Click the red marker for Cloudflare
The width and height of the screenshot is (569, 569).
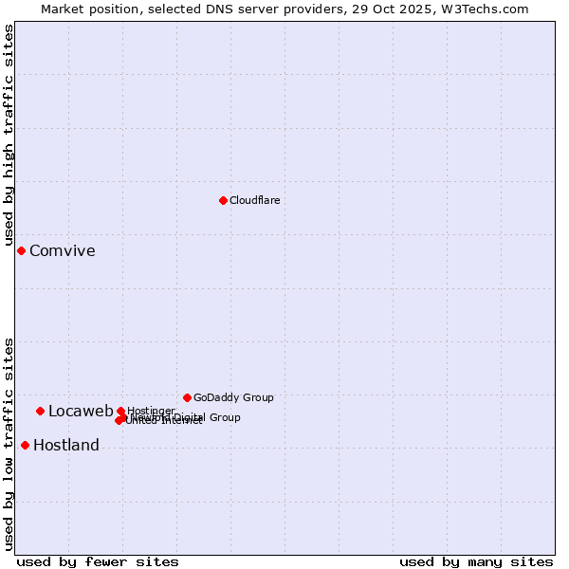tap(223, 200)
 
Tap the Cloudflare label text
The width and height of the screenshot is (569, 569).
tap(255, 200)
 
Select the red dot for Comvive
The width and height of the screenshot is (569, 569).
tap(21, 250)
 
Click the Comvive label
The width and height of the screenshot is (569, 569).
tap(63, 251)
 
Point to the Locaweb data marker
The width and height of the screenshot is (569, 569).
tap(40, 411)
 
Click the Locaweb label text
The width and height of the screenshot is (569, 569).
tap(81, 412)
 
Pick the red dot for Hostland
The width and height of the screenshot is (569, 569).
tap(25, 445)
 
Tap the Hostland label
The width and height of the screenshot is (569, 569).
tap(66, 446)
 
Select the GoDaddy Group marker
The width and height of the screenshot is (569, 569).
tap(187, 397)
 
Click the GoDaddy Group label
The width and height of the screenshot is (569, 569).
tap(233, 397)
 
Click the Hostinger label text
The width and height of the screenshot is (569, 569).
tap(151, 411)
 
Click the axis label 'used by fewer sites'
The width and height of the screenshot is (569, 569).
tap(98, 561)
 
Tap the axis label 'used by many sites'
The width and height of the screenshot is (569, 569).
tap(476, 561)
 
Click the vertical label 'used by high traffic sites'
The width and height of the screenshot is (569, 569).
tap(9, 136)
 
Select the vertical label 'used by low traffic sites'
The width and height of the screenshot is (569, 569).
tap(9, 444)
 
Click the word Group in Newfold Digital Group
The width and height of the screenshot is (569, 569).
tap(225, 417)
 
